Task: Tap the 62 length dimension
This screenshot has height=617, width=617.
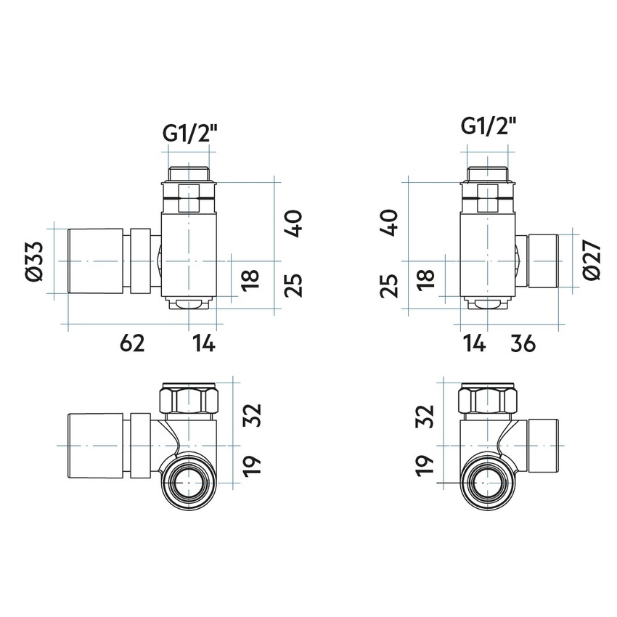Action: click(x=134, y=343)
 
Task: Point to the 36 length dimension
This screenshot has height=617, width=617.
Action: click(x=523, y=343)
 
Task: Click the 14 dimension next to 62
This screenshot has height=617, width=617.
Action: click(x=203, y=343)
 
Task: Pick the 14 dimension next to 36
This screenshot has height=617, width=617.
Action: click(x=473, y=343)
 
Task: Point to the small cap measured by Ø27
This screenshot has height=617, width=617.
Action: click(x=543, y=261)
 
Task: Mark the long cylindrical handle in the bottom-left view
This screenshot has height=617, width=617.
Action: click(x=98, y=445)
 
